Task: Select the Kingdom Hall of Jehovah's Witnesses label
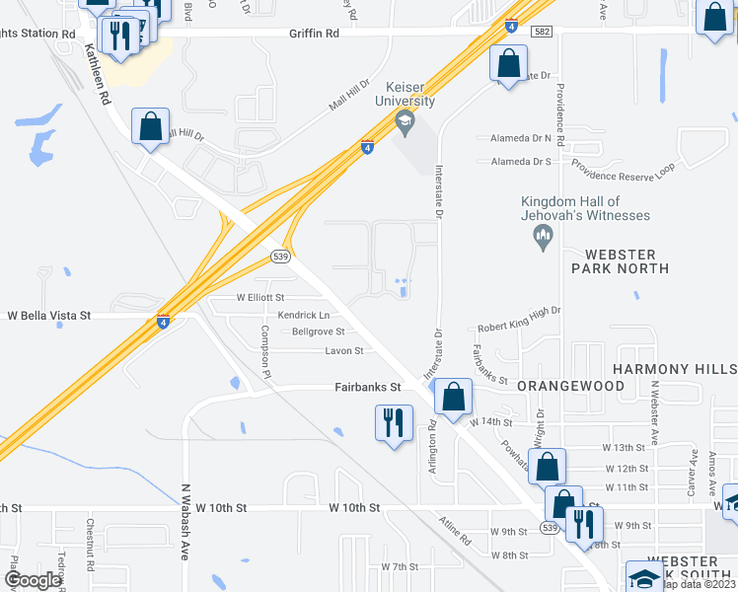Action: click(x=586, y=208)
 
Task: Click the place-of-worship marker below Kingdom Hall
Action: click(x=542, y=235)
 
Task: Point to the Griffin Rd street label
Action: click(x=314, y=33)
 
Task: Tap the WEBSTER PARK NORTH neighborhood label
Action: click(x=620, y=260)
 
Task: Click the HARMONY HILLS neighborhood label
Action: click(x=674, y=368)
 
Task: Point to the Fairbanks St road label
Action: click(x=366, y=388)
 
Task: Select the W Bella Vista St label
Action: click(x=49, y=316)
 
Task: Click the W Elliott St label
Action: click(x=259, y=296)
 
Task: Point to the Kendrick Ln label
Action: click(x=303, y=315)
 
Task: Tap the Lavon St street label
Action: click(x=345, y=350)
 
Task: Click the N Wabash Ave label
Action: click(x=184, y=521)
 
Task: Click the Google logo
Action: click(x=33, y=580)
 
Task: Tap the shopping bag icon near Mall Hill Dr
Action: click(x=150, y=126)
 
